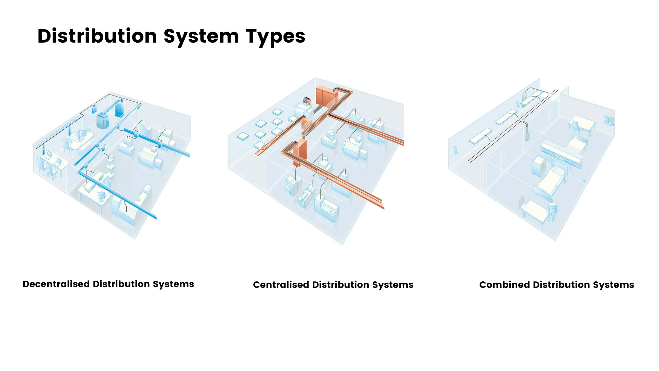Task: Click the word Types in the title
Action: [275, 36]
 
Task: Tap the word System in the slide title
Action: [201, 36]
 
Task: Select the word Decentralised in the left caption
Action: [56, 284]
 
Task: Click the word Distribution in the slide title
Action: [97, 36]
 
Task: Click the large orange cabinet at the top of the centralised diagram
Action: [325, 96]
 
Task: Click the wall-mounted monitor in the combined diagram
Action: [609, 120]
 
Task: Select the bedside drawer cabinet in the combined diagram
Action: [539, 167]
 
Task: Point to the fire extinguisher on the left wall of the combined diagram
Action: [455, 150]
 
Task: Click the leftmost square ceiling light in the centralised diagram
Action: [243, 136]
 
